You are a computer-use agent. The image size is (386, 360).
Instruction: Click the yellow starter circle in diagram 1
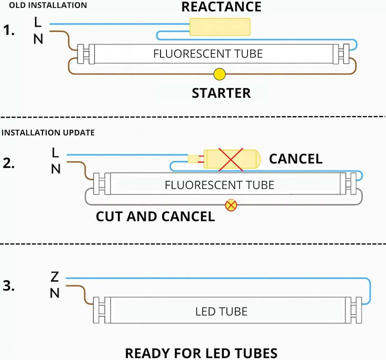(219, 74)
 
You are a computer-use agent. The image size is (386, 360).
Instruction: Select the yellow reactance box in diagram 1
(220, 27)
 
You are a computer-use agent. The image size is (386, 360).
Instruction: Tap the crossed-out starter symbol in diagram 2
(231, 205)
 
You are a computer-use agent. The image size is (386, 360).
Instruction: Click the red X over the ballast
(231, 160)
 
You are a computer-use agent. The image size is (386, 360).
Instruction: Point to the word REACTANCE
(221, 7)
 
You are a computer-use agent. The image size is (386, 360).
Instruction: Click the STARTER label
(221, 93)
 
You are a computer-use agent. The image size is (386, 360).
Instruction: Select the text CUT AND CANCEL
(155, 216)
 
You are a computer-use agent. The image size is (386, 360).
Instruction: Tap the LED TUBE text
(221, 311)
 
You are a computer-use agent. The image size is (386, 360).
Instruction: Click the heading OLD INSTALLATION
(48, 5)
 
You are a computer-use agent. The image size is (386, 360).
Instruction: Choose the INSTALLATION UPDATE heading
(48, 133)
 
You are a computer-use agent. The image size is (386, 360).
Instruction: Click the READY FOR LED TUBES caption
(201, 353)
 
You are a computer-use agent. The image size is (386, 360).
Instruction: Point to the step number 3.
(9, 286)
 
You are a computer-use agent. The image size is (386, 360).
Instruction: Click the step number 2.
(9, 163)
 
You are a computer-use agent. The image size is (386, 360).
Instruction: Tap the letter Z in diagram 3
(55, 277)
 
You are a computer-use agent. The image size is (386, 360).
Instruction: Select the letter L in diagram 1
(38, 22)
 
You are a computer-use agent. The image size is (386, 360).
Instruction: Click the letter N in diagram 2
(56, 169)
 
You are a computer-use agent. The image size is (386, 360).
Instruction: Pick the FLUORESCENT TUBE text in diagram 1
(208, 54)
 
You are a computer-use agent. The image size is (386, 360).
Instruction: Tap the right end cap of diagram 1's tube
(341, 54)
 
